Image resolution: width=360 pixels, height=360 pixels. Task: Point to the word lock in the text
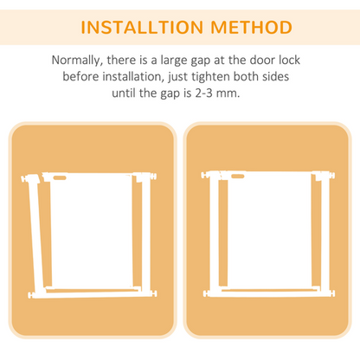pyautogui.click(x=292, y=61)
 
